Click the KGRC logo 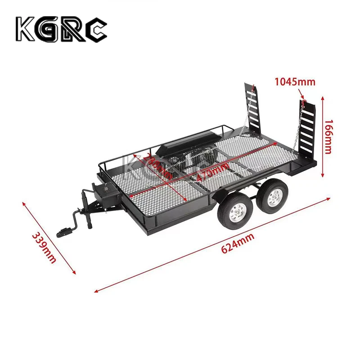(x=62, y=30)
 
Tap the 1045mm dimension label (x=295, y=81)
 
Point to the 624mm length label (x=237, y=244)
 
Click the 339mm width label (x=44, y=247)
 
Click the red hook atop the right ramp (x=304, y=104)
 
